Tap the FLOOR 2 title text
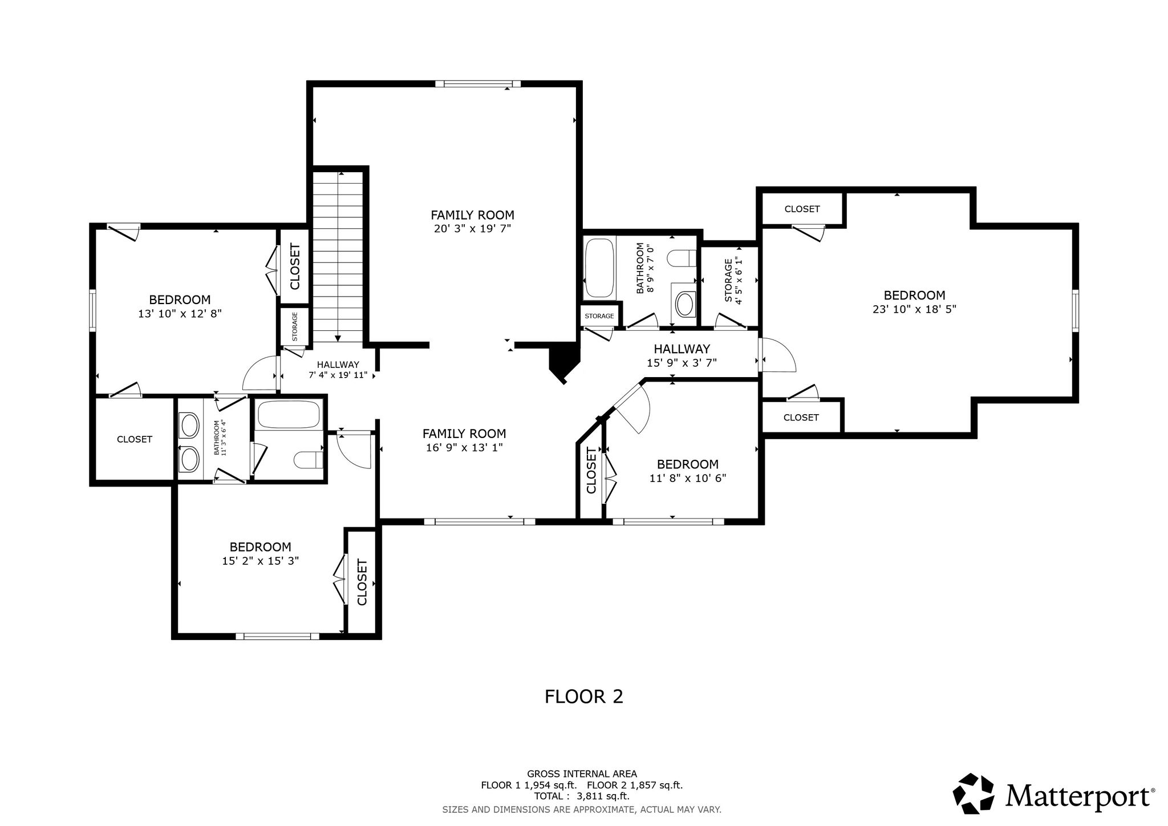click(584, 697)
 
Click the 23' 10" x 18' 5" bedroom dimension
click(914, 309)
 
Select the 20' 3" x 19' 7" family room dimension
click(472, 229)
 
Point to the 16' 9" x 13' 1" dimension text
click(464, 448)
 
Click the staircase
click(338, 257)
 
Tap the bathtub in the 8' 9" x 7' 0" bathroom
click(599, 268)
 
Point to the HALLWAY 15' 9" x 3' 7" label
click(682, 355)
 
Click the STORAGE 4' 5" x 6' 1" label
click(733, 281)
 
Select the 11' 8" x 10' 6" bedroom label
click(688, 471)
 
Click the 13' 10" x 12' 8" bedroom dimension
click(180, 314)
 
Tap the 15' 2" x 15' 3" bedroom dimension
click(261, 561)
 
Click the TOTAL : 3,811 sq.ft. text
click(582, 796)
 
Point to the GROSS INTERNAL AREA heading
click(582, 774)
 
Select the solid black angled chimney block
click(564, 363)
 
